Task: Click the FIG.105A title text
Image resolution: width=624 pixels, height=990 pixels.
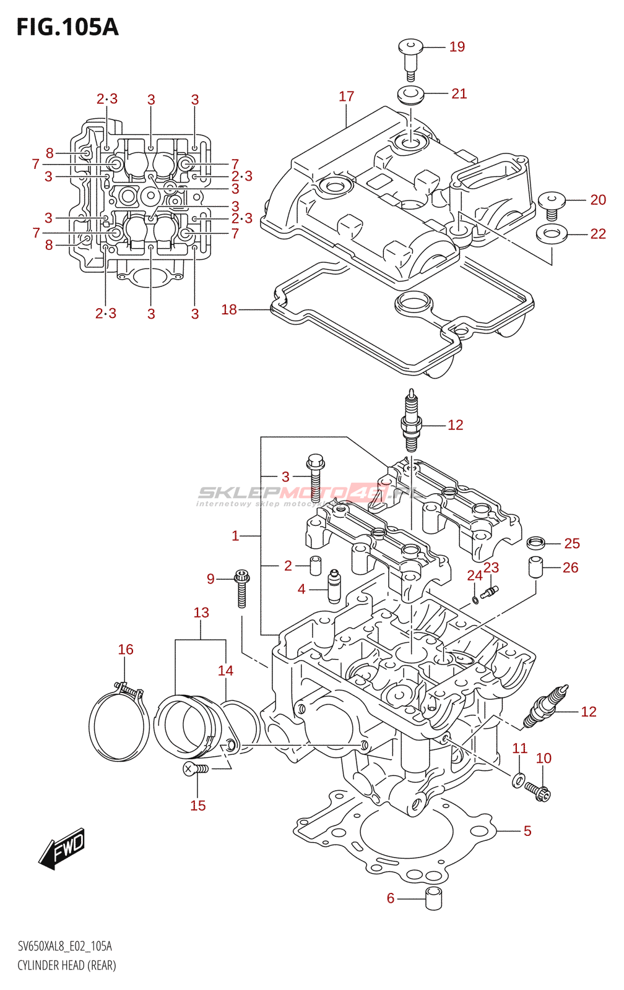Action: pos(67,27)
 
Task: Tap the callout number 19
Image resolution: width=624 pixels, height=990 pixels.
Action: pos(457,47)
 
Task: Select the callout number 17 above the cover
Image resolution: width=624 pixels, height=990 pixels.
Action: pos(346,97)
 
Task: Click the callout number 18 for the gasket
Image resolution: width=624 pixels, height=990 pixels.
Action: pos(229,309)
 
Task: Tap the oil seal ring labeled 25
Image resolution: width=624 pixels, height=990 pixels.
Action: pos(536,543)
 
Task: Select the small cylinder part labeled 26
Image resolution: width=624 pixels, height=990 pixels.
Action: pos(535,567)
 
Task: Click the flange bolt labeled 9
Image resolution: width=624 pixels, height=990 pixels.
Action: pos(241,590)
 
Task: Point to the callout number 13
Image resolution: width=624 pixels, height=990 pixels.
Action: pos(201,613)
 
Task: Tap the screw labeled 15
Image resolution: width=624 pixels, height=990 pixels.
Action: pos(196,769)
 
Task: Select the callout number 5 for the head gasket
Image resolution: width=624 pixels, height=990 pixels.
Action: pos(527,831)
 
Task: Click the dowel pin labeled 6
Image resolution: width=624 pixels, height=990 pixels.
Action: pos(433,898)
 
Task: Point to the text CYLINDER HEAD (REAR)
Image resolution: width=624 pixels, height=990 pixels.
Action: pos(67,965)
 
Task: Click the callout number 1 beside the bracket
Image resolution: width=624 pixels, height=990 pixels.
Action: pos(235,536)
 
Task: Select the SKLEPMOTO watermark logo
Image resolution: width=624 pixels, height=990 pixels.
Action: pos(310,494)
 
